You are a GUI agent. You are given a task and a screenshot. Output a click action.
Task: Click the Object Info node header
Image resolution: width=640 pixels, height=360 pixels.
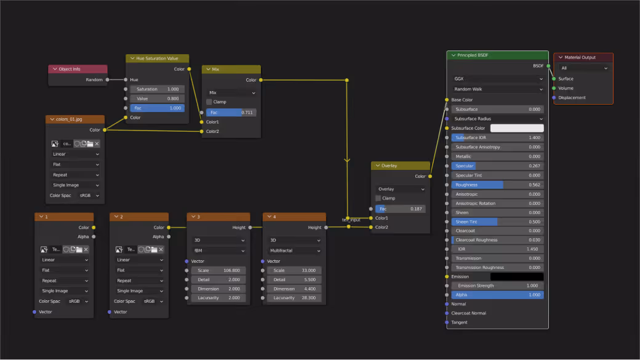point(78,69)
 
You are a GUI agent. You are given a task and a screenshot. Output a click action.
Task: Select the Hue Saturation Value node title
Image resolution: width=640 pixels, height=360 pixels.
point(157,58)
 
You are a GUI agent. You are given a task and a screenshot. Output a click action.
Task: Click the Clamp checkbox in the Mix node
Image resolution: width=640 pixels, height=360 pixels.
point(209,102)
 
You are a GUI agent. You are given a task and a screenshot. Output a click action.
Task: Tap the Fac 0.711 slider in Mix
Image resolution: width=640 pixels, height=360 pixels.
point(231,113)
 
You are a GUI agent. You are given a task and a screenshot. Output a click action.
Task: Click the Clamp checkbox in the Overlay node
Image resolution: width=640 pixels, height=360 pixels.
point(378,198)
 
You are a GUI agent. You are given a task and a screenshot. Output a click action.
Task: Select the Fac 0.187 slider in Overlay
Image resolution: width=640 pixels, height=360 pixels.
point(401,209)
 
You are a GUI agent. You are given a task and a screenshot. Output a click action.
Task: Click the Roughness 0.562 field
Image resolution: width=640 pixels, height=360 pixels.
point(497,185)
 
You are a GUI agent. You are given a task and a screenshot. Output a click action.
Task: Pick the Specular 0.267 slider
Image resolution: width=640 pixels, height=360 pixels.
point(497,166)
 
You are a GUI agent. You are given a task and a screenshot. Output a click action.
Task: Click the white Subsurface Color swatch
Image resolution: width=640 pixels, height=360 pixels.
point(516,128)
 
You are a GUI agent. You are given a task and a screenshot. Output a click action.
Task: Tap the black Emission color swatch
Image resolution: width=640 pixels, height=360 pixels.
point(516,277)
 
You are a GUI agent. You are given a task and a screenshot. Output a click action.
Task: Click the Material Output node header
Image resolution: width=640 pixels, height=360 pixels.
point(583,58)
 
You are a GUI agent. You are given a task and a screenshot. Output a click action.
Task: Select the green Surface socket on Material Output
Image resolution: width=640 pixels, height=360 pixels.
point(554,79)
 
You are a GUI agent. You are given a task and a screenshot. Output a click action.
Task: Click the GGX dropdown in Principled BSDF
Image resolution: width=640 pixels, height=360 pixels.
point(497,79)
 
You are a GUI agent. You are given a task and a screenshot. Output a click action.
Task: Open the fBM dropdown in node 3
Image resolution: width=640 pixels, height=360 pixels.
point(218,251)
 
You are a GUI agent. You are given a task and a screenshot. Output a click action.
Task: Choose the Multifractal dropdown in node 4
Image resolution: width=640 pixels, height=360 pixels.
point(294,251)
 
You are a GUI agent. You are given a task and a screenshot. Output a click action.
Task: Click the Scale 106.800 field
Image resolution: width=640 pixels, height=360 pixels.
point(218,271)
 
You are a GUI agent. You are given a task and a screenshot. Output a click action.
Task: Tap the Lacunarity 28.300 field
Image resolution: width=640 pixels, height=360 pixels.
point(294,298)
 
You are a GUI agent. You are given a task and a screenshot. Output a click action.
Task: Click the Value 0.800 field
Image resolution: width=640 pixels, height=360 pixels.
point(157,98)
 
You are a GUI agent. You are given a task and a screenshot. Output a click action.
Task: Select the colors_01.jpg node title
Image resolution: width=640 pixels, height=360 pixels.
point(75,119)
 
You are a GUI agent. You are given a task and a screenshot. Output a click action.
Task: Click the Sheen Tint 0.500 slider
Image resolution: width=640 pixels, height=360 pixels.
point(497,222)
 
